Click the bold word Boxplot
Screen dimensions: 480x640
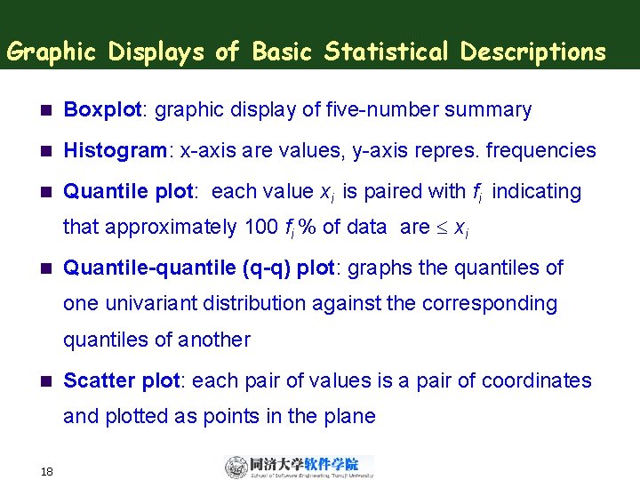pyautogui.click(x=103, y=110)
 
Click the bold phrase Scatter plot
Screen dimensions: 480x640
pyautogui.click(x=122, y=381)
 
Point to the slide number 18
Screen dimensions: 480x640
pyautogui.click(x=47, y=470)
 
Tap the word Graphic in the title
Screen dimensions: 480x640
pyautogui.click(x=54, y=52)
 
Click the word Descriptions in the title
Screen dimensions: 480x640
pyautogui.click(x=532, y=52)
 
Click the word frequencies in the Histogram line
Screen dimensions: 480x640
pyautogui.click(x=541, y=151)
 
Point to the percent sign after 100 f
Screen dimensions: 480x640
pyautogui.click(x=308, y=228)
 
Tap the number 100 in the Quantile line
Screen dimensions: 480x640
pyautogui.click(x=260, y=228)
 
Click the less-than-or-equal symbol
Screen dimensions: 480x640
pyautogui.click(x=443, y=228)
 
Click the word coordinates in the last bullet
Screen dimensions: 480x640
pyautogui.click(x=536, y=381)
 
